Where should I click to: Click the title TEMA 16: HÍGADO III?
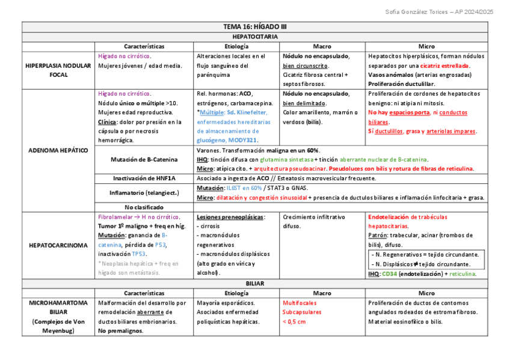pos(255,27)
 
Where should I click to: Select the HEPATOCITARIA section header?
pos(255,37)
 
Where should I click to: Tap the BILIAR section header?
pos(255,283)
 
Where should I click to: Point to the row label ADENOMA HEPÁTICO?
pos(58,150)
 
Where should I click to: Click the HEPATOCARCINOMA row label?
pos(58,245)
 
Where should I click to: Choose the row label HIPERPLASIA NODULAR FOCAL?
pos(58,70)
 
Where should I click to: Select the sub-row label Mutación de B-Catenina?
pos(144,159)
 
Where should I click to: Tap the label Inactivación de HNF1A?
pos(144,178)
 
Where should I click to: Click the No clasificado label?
pos(144,207)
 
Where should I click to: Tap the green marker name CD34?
pos(390,274)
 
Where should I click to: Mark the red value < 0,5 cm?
pos(294,322)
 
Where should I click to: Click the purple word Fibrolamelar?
pos(115,216)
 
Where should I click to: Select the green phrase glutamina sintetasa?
pos(286,159)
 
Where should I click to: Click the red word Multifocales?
pos(300,303)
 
